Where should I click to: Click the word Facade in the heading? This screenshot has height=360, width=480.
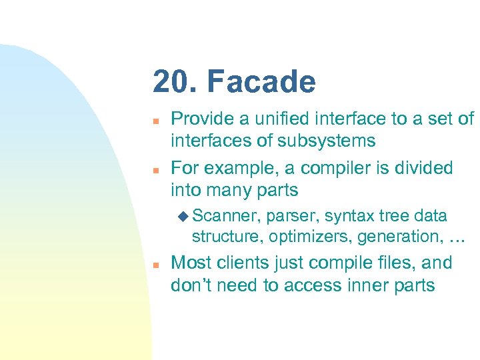[261, 82]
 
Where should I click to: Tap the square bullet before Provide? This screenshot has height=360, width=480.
[154, 121]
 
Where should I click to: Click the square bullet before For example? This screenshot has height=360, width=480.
[154, 169]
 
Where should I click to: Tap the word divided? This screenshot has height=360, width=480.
[426, 167]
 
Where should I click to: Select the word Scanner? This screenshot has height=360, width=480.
[227, 216]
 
